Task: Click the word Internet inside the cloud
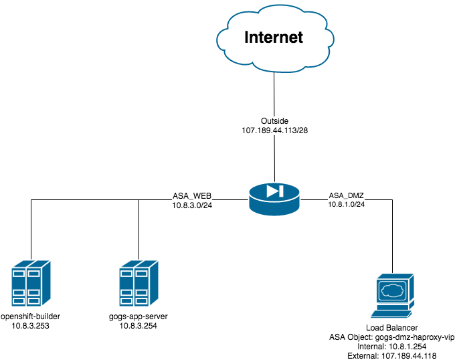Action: click(x=273, y=37)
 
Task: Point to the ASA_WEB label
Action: click(x=192, y=195)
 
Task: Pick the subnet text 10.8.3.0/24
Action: click(x=192, y=205)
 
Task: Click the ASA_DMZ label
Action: click(x=347, y=195)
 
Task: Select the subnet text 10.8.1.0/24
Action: click(x=347, y=204)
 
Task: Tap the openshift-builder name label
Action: click(x=31, y=316)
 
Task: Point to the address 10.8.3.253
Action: click(x=31, y=326)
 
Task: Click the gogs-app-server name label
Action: click(x=139, y=316)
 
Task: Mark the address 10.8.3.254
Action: click(x=139, y=326)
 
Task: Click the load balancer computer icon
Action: click(x=393, y=295)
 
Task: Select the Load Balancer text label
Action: click(x=392, y=328)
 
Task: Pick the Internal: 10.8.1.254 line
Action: click(x=392, y=347)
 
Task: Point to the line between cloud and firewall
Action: click(x=274, y=94)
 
